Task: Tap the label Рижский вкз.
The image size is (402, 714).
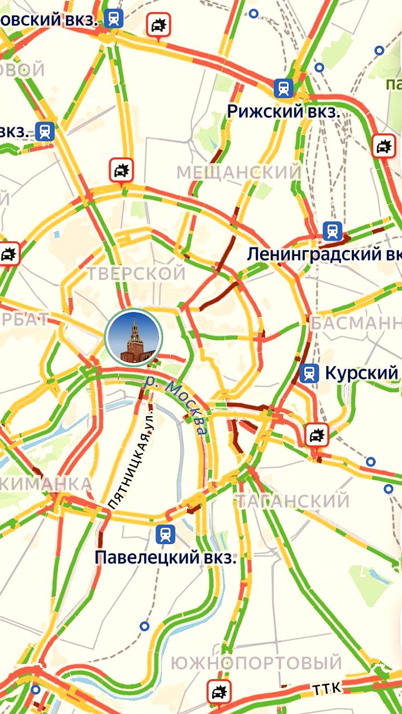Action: (x=283, y=111)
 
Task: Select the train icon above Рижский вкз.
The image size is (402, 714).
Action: (x=284, y=88)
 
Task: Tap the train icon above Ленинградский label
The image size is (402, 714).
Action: (x=333, y=231)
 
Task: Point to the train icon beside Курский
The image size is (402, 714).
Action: (x=309, y=373)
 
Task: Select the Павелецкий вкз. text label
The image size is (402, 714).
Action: (x=165, y=557)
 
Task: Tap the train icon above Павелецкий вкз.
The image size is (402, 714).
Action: (x=165, y=534)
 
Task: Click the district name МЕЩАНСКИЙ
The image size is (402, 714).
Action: (x=239, y=172)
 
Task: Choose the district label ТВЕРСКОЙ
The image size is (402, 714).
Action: (x=136, y=273)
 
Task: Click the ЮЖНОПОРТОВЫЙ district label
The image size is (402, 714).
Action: (x=256, y=663)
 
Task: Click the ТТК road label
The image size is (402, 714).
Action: (x=327, y=689)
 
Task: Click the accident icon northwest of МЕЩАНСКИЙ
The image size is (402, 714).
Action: (x=121, y=170)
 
